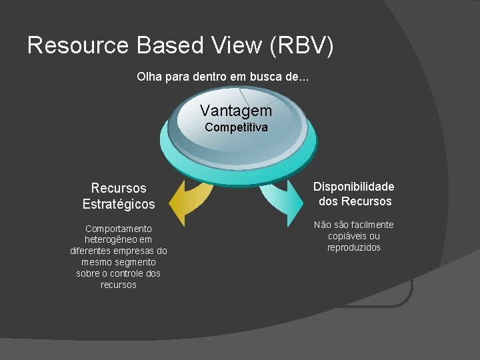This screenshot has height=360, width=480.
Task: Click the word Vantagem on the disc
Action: tap(236, 111)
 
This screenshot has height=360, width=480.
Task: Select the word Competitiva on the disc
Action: tap(236, 127)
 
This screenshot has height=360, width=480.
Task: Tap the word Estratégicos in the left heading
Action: tap(119, 204)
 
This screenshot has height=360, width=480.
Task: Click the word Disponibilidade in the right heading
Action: tap(354, 187)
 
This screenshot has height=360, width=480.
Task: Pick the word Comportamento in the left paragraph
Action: tap(119, 229)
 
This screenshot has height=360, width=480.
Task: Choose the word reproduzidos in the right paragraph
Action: tap(354, 248)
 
